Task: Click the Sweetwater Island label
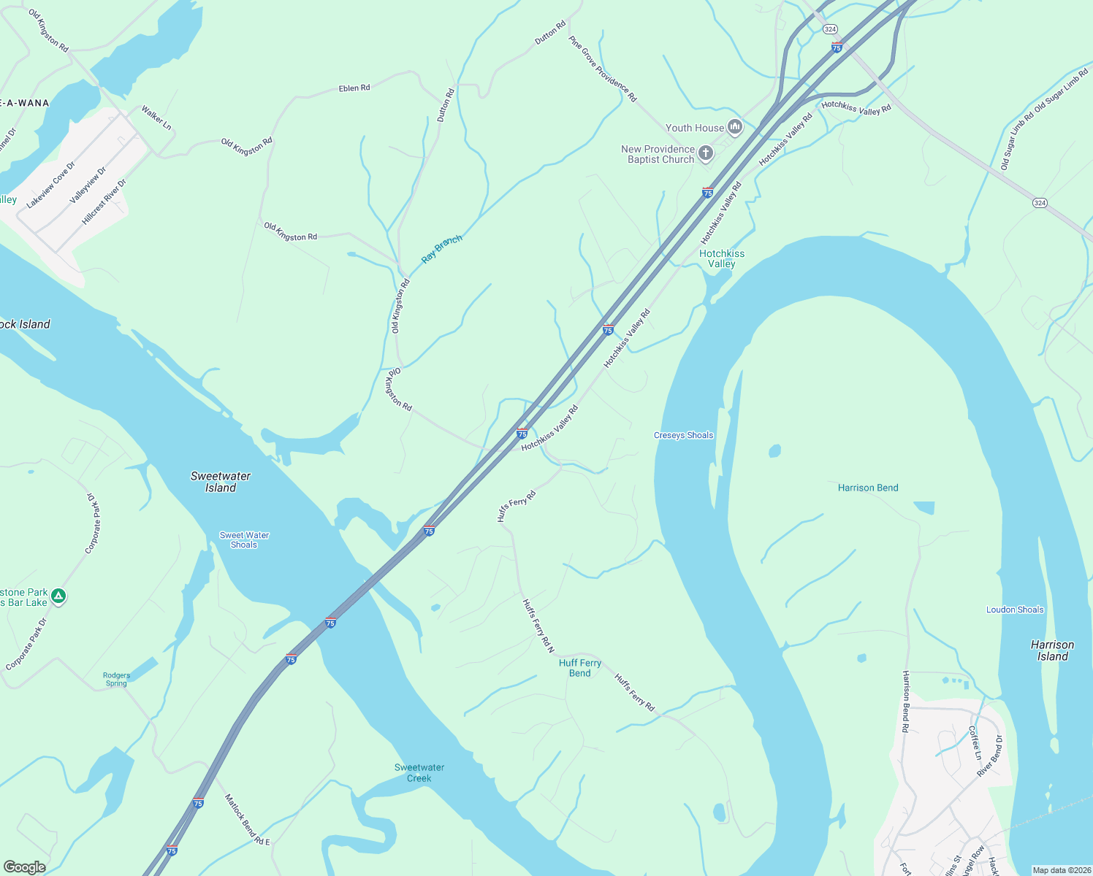tap(221, 482)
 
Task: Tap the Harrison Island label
tap(1052, 650)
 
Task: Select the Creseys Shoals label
tap(683, 435)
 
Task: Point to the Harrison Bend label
tap(868, 488)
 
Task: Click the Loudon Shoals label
tap(1015, 610)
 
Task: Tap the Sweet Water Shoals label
tap(244, 540)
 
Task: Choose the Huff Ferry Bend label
tap(580, 668)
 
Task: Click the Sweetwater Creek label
tap(419, 772)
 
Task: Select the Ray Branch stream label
tap(441, 249)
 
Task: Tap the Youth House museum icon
tap(735, 128)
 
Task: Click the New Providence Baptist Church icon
tap(706, 153)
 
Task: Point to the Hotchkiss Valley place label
tap(722, 258)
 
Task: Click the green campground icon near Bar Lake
tap(59, 596)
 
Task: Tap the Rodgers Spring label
tap(117, 680)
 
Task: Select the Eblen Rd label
tap(354, 88)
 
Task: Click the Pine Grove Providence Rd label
tap(603, 69)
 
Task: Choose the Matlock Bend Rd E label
tap(247, 820)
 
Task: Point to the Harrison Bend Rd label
tap(905, 701)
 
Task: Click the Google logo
tap(25, 867)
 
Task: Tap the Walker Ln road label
tap(156, 118)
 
